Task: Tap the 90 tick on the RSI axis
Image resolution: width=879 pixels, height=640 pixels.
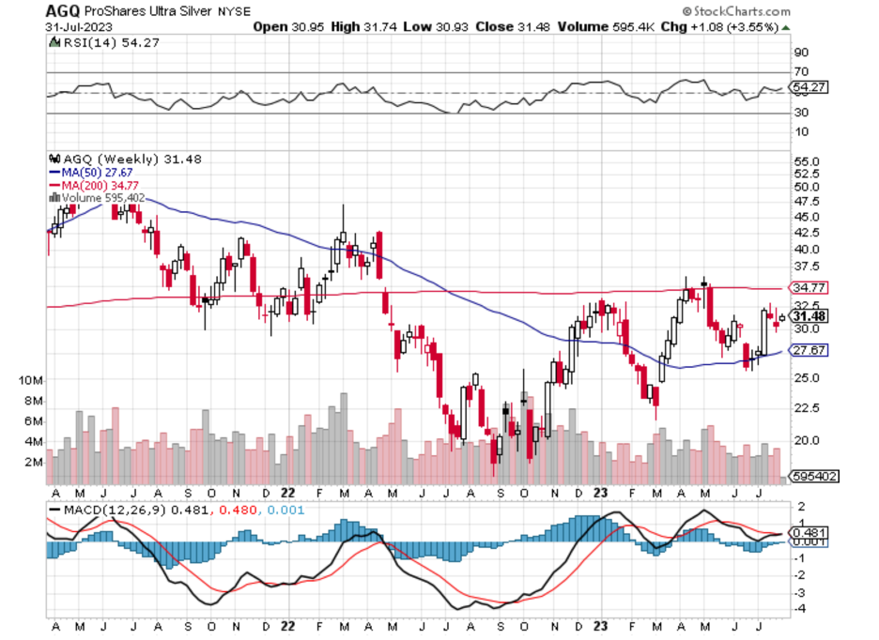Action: (x=801, y=53)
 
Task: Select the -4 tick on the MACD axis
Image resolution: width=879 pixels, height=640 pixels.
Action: (x=801, y=609)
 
